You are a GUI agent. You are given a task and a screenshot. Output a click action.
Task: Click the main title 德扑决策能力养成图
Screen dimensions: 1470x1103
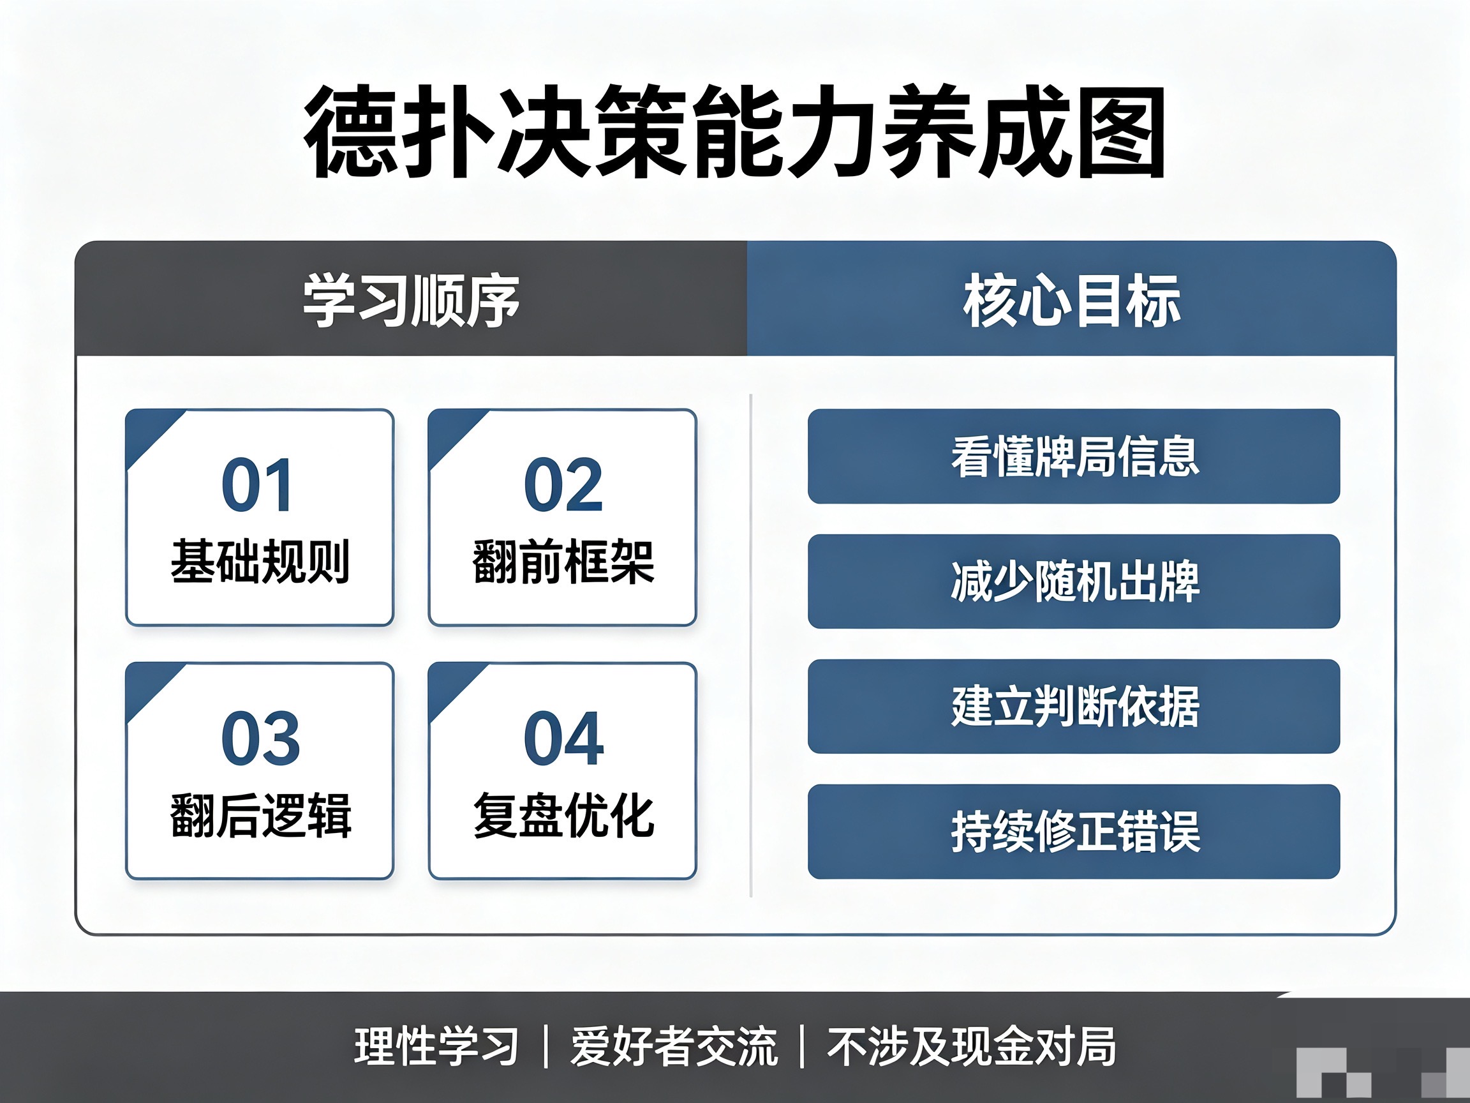[x=734, y=132]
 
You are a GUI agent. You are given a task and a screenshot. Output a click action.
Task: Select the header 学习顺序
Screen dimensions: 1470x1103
[x=412, y=301]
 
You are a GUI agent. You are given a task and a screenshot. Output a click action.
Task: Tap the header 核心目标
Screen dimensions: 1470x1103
[x=1072, y=301]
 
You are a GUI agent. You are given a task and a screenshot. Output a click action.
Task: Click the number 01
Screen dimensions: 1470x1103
[x=257, y=485]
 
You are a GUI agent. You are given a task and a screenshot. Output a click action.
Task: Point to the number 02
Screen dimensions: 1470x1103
[x=563, y=485]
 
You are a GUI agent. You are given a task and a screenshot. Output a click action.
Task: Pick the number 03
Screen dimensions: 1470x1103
[x=260, y=738]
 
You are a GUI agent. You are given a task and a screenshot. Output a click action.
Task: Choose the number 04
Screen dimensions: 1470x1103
[x=563, y=738]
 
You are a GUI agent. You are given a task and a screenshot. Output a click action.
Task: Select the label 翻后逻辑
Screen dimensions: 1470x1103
[x=260, y=815]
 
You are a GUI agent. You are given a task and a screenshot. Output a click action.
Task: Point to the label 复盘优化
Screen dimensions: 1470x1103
[x=563, y=815]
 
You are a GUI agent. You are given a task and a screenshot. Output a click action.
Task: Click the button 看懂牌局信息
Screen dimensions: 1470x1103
[x=1074, y=456]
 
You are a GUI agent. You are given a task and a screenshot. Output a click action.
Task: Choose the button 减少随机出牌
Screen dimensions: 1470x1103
[x=1074, y=581]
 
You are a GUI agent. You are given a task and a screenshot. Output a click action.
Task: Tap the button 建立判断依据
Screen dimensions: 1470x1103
[x=1074, y=706]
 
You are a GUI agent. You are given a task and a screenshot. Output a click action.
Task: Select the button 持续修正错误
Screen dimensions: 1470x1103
[x=1074, y=832]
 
